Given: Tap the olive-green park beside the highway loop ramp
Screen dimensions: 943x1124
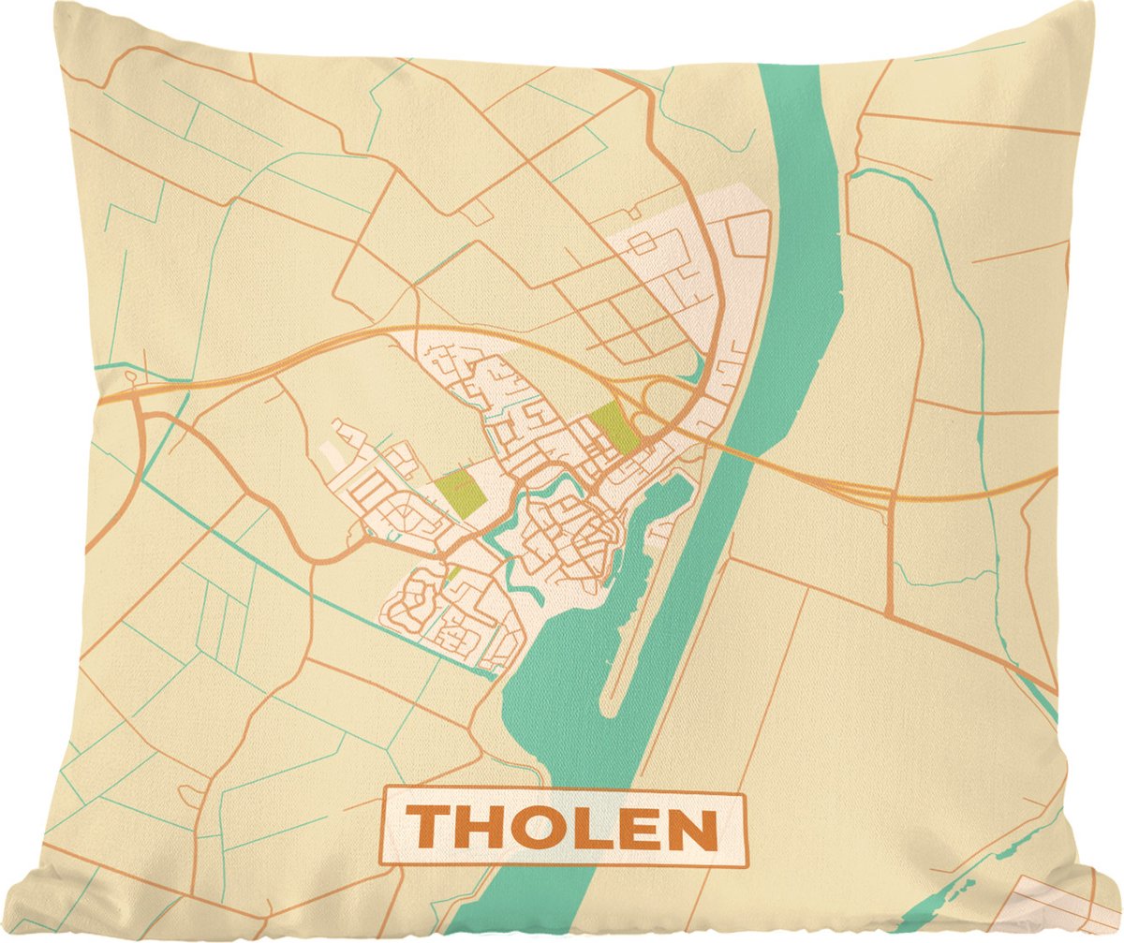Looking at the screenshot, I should pos(613,428).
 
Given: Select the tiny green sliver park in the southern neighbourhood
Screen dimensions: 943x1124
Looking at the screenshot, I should pos(451,574).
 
